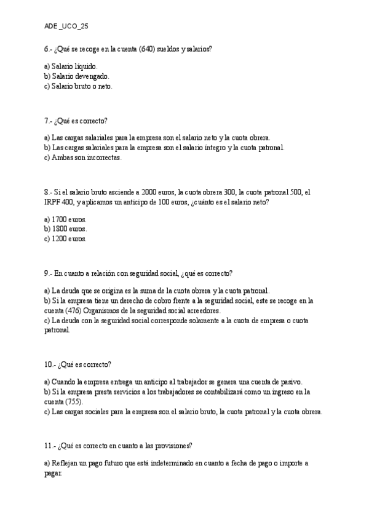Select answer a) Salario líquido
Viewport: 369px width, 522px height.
[71, 65]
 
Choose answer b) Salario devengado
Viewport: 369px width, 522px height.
[77, 76]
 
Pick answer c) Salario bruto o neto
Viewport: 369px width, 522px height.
[78, 86]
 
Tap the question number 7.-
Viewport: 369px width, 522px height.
[50, 121]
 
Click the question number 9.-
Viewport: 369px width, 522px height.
[50, 273]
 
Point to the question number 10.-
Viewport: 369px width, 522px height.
[51, 364]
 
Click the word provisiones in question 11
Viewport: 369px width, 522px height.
[172, 446]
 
